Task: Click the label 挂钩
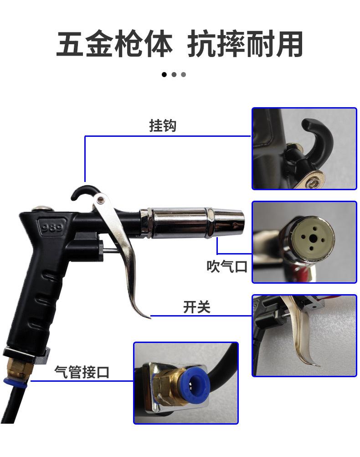[163, 126]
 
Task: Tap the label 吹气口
[226, 266]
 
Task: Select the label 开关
[196, 307]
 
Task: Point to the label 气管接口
[82, 372]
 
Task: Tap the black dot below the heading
[165, 74]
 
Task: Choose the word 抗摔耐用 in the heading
[245, 45]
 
